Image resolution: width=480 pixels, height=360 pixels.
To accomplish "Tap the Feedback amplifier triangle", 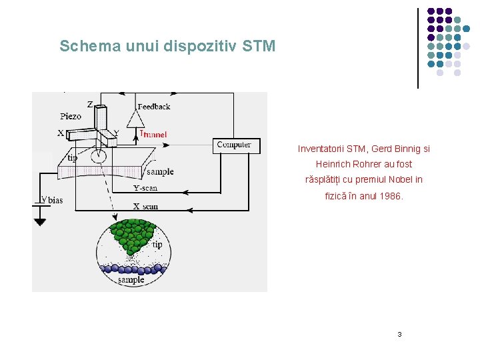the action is pos(137,119).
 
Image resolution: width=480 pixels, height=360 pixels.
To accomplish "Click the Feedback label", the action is pos(153,106).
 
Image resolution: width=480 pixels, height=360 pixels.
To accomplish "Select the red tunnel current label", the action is pos(153,134).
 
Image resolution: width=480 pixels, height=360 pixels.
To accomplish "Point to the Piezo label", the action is pos(71,116).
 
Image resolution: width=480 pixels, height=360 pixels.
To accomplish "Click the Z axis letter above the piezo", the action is pos(89,104).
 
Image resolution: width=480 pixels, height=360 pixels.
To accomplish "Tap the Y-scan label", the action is pos(145,188).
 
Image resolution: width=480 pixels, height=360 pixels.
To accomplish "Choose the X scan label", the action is pos(145,206).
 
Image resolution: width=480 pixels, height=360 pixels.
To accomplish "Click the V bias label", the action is pos(53,199).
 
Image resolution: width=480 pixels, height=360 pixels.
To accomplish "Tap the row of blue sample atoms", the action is pos(133,269).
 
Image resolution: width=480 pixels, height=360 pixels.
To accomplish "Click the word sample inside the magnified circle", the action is pos(131,280).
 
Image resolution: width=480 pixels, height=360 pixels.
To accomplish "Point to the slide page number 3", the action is pos(399,334).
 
